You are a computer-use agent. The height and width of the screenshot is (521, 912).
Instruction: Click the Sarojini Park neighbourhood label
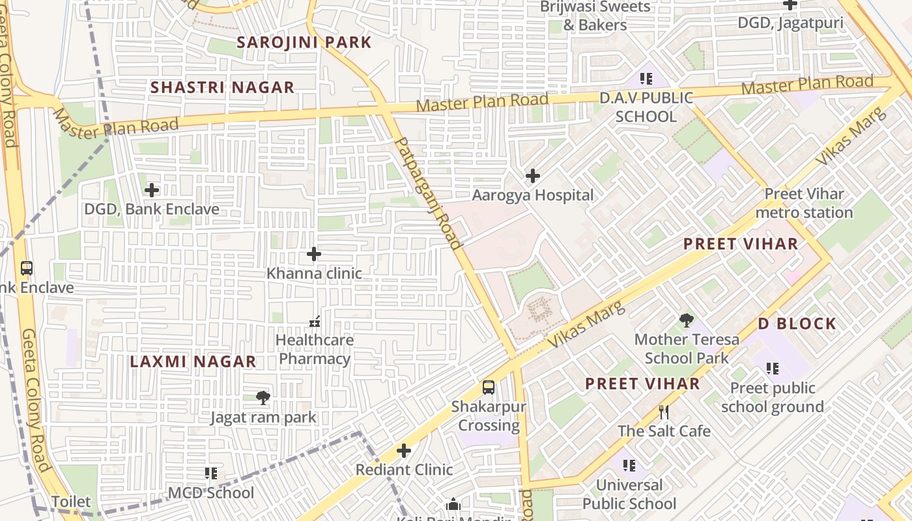[304, 42]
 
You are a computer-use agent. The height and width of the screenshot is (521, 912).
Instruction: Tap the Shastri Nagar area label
[222, 87]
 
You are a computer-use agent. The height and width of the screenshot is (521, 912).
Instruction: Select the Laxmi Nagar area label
[193, 361]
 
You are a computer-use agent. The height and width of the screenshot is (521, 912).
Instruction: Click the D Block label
[797, 324]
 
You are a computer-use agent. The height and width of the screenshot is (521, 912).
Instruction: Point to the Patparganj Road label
[429, 193]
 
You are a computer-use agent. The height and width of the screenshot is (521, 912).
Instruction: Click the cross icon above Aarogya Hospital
[533, 176]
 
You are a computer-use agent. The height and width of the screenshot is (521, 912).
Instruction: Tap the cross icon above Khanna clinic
[314, 254]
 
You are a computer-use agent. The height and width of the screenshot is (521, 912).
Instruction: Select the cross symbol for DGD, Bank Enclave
[152, 190]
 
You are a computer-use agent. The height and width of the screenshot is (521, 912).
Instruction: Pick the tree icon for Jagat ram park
[263, 398]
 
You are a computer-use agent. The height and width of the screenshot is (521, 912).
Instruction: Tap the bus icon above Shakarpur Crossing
[489, 387]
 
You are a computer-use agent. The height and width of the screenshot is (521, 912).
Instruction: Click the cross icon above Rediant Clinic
[404, 451]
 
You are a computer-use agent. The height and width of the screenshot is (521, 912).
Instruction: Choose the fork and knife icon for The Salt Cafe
[664, 412]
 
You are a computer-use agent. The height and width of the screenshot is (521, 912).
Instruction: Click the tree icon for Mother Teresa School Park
[686, 320]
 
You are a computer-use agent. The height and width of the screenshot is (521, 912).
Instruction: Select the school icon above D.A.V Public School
[646, 79]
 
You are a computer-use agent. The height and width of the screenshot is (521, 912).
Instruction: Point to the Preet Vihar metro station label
[804, 203]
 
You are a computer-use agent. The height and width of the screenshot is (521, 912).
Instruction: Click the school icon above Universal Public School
[629, 466]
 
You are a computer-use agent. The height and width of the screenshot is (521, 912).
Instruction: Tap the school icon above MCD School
[211, 473]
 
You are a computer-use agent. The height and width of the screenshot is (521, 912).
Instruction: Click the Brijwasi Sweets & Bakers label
[595, 16]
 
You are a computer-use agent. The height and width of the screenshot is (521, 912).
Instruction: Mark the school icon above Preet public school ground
[773, 369]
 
